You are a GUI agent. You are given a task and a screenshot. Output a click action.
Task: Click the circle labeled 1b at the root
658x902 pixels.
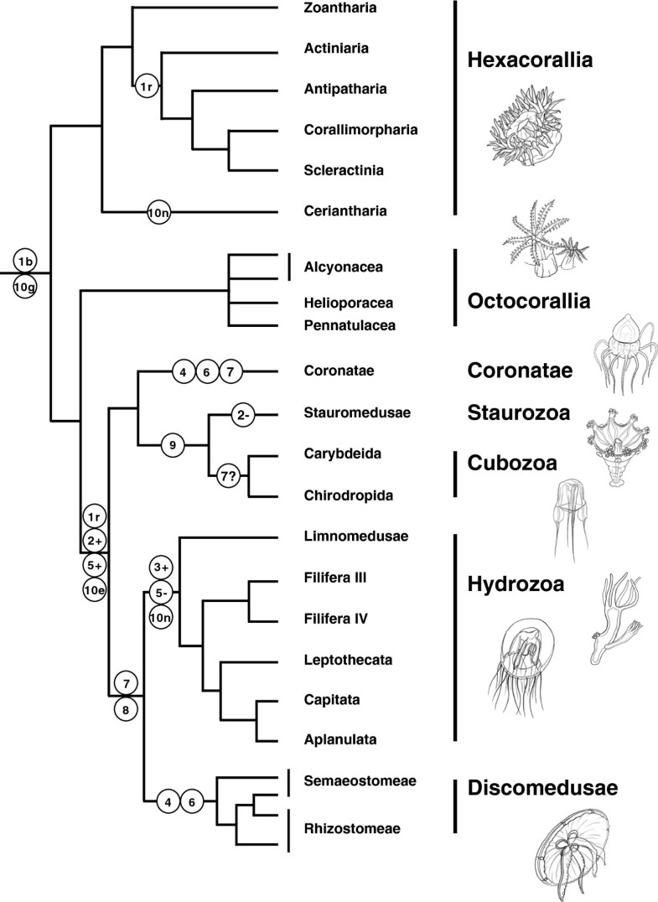(x=24, y=262)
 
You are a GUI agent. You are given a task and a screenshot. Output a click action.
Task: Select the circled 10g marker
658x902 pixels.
(x=24, y=286)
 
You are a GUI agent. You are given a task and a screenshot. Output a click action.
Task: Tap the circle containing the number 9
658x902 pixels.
(x=172, y=444)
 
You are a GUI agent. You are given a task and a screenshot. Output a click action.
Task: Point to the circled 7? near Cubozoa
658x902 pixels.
(x=228, y=476)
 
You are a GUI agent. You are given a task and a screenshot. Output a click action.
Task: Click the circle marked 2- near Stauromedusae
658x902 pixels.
(x=243, y=414)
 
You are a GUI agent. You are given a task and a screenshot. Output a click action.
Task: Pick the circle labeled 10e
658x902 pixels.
(x=95, y=589)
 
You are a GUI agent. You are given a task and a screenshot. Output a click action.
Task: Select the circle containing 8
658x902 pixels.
(x=126, y=710)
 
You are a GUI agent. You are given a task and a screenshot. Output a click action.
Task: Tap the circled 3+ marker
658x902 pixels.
(x=161, y=568)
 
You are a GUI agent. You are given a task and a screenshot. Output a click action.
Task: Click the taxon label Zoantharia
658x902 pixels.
(x=340, y=8)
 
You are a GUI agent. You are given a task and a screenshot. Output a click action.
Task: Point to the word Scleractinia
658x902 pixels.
(x=344, y=170)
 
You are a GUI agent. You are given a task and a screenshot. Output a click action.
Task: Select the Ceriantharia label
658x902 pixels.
(x=345, y=211)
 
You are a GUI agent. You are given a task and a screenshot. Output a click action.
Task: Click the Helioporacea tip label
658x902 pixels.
(x=349, y=303)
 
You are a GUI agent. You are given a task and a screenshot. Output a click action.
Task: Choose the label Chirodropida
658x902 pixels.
(x=349, y=495)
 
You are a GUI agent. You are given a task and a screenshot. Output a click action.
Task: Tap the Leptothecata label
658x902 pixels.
(x=348, y=659)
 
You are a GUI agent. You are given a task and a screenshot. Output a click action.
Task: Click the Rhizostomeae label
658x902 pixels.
(x=352, y=828)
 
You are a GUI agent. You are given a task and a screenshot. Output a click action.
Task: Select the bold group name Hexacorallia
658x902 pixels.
(x=530, y=60)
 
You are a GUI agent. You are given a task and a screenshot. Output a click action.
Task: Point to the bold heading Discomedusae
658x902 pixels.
(x=542, y=787)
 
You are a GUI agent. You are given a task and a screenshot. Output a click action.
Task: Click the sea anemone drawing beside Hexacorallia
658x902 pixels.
(x=524, y=127)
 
